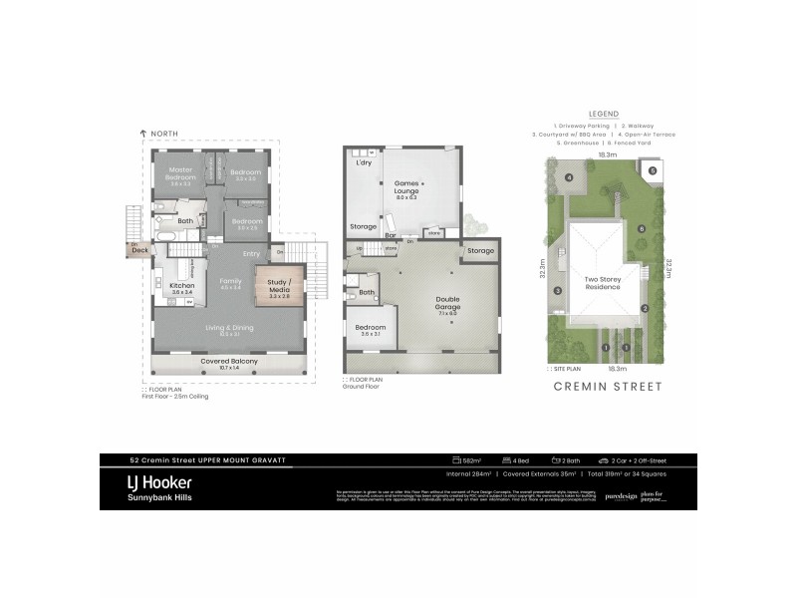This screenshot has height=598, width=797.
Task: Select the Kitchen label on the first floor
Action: [181, 287]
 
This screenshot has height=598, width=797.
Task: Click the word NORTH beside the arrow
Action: [165, 134]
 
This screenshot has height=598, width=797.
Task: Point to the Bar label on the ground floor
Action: [391, 236]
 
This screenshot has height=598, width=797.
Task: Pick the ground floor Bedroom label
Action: [371, 328]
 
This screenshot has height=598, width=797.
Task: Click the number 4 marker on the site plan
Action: [569, 178]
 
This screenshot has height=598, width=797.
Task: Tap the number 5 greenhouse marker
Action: [653, 171]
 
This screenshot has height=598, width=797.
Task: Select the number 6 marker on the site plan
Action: [642, 229]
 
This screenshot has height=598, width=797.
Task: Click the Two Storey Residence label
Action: [605, 284]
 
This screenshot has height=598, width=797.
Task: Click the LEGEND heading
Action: [604, 113]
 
